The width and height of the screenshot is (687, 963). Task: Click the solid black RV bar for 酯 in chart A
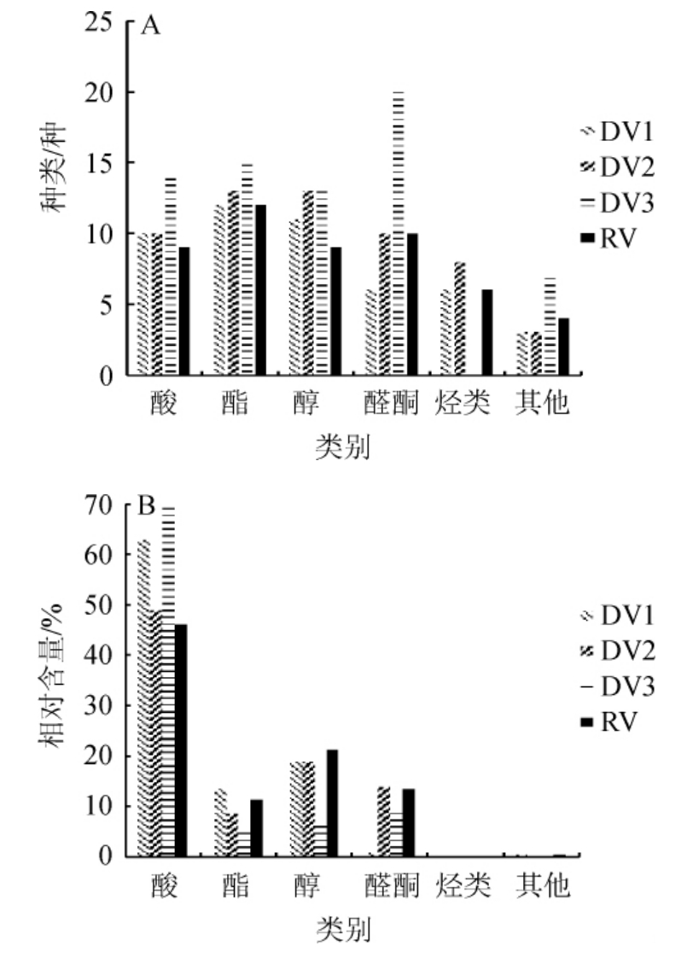click(259, 289)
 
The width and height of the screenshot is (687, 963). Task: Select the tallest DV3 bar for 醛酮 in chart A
click(397, 232)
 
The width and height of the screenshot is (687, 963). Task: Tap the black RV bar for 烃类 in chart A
click(486, 332)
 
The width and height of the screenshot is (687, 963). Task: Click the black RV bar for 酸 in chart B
click(181, 739)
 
